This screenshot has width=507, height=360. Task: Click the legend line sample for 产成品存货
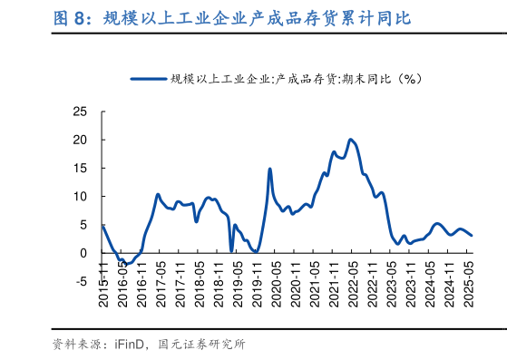point(149,79)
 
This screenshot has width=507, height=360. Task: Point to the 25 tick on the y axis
point(80,112)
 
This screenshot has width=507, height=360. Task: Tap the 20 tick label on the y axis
point(80,140)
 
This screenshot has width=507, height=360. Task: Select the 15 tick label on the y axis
point(80,168)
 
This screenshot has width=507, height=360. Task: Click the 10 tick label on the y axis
point(80,196)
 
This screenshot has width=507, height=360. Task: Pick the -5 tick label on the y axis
point(82,281)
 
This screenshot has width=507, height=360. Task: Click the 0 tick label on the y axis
point(83,253)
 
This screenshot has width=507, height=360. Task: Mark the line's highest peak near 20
point(351,140)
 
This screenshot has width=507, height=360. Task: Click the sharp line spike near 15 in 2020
point(269,169)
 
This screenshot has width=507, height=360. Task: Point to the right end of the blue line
point(471,235)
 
